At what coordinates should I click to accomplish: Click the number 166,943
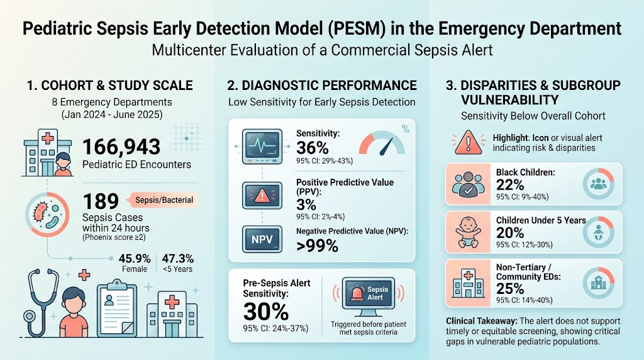click(x=121, y=147)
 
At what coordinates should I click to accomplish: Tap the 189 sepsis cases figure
click(x=101, y=201)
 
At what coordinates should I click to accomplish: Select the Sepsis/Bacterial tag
click(x=164, y=200)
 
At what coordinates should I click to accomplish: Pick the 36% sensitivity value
click(x=312, y=147)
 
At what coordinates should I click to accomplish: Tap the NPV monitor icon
click(x=262, y=239)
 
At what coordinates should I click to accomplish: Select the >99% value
click(x=317, y=245)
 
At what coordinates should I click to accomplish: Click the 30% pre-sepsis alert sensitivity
click(x=266, y=311)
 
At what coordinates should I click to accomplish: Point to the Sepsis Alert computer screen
click(x=369, y=295)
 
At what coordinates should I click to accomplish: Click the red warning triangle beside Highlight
click(x=468, y=142)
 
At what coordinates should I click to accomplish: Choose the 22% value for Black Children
click(x=509, y=185)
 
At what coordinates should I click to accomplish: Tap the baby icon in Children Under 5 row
click(x=468, y=232)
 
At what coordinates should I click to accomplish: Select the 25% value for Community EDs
click(x=509, y=288)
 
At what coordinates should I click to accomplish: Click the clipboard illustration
click(x=117, y=307)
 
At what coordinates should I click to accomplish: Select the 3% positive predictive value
click(x=306, y=205)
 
